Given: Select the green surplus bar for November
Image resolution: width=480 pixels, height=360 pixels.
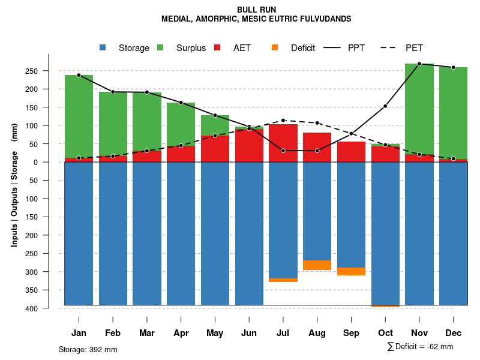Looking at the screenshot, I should click(x=419, y=109).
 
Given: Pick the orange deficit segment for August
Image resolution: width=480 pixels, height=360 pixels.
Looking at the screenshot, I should click(x=317, y=265).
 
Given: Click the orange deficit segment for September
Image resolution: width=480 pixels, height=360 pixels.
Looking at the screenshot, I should click(x=351, y=271).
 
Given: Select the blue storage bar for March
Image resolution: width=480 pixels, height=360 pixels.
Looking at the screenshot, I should click(x=147, y=233).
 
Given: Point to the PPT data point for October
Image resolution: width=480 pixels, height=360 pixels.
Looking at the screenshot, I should click(x=385, y=106).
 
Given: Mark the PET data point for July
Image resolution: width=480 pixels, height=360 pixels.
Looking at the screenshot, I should click(x=283, y=121).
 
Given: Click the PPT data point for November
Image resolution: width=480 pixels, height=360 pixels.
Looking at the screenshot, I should click(x=419, y=64).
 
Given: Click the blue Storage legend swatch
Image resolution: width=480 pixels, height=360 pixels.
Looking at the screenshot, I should click(x=103, y=48).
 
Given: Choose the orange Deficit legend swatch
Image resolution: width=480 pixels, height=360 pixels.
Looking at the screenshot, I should click(x=275, y=48).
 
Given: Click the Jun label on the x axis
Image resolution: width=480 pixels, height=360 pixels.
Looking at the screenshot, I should click(x=249, y=333).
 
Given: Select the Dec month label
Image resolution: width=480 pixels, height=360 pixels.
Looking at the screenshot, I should click(x=454, y=333).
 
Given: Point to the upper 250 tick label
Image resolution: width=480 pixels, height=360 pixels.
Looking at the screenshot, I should click(x=49, y=71).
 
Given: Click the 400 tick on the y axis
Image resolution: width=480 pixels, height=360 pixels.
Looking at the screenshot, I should click(x=49, y=308).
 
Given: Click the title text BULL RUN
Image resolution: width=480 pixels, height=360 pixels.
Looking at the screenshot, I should click(x=256, y=10).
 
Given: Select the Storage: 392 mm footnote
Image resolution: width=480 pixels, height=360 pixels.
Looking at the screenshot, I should click(x=88, y=349).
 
